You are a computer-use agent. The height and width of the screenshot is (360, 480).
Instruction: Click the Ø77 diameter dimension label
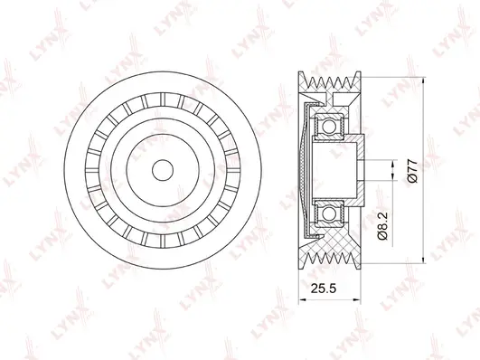[412, 170]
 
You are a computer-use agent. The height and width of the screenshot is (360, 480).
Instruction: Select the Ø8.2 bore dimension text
[382, 226]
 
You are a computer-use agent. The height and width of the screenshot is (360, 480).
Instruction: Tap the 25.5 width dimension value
[324, 289]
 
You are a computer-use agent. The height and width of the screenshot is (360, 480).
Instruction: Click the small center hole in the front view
[163, 170]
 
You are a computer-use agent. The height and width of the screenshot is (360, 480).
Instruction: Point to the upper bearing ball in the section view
[329, 127]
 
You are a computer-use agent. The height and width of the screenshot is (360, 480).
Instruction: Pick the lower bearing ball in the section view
[329, 213]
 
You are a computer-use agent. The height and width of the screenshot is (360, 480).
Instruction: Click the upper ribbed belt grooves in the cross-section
[330, 81]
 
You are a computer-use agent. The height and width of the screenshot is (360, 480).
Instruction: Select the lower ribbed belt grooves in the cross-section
[330, 258]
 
